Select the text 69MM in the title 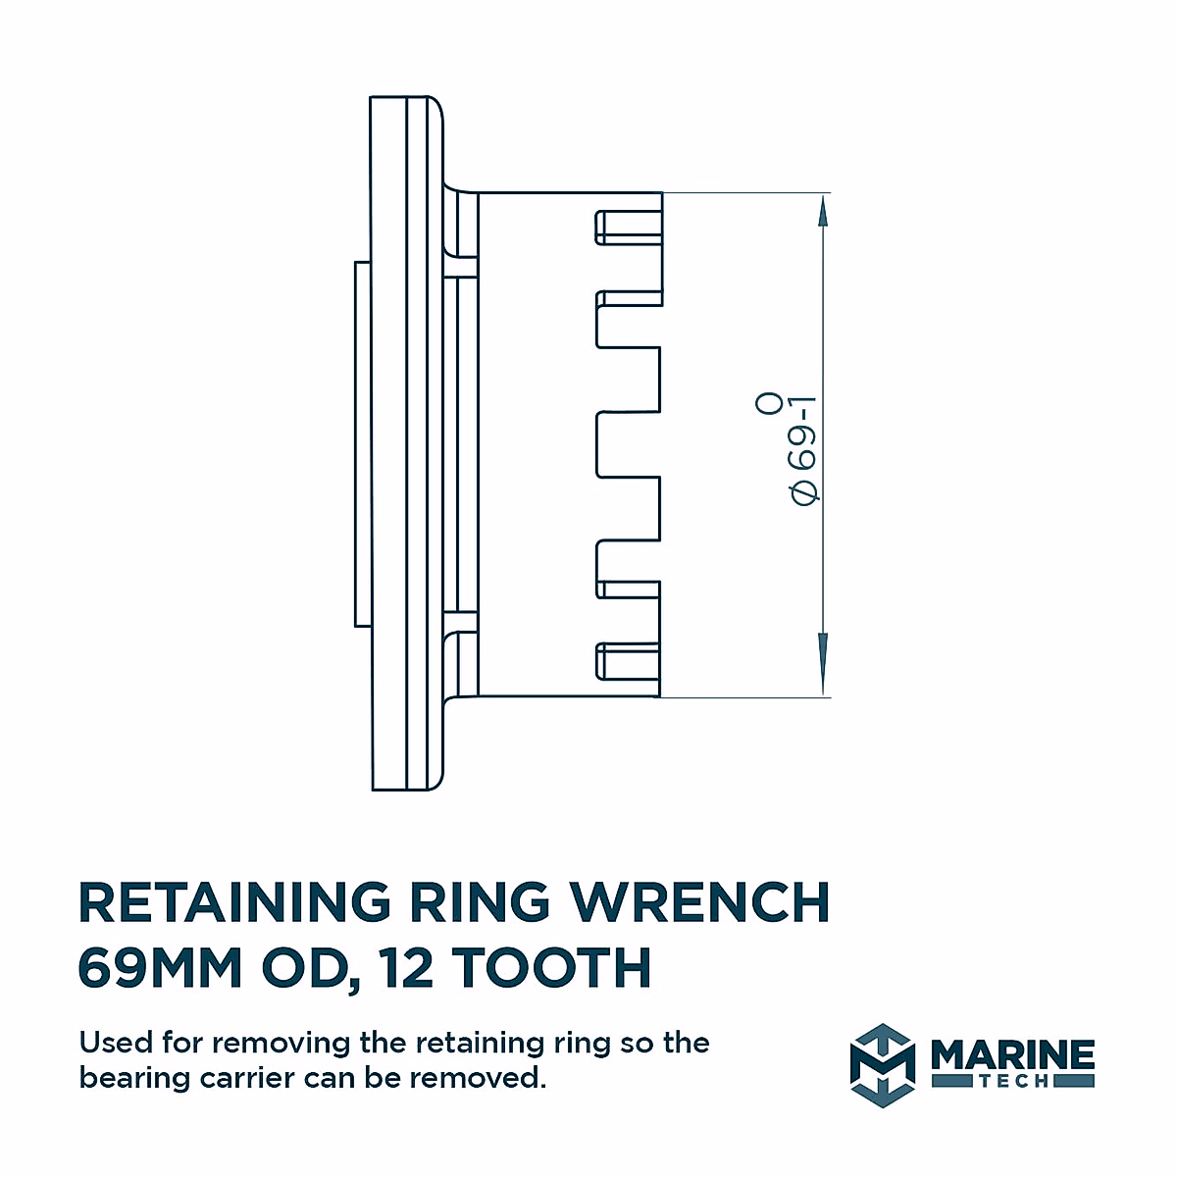point(159,968)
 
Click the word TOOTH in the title point(552,968)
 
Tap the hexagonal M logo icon point(882,1064)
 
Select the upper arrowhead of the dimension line point(823,210)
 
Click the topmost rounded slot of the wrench point(627,227)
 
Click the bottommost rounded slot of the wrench point(627,661)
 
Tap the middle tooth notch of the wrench point(628,445)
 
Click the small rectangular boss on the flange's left point(362,443)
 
